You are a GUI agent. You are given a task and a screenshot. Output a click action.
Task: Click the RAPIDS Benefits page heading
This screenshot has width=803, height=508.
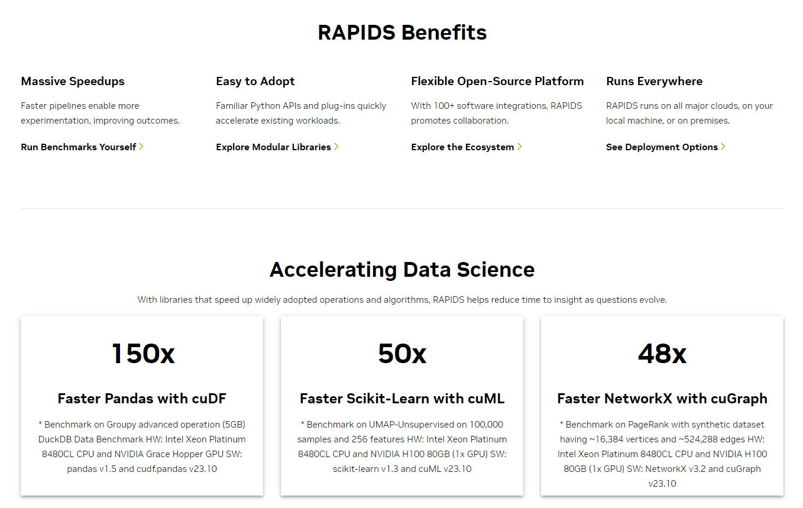[x=402, y=33]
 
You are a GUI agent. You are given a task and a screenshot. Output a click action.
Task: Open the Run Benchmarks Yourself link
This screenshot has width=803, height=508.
[x=82, y=147]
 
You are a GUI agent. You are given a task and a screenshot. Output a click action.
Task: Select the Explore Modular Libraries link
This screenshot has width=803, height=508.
[x=277, y=147]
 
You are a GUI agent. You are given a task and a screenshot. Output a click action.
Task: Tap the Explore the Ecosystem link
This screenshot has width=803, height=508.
[x=467, y=147]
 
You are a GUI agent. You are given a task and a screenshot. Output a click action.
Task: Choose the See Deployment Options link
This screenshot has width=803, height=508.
[x=666, y=147]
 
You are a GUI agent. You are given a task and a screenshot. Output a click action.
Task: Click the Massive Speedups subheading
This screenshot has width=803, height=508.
[x=72, y=82]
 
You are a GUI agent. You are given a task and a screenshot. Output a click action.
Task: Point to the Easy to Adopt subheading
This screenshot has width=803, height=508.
[x=255, y=82]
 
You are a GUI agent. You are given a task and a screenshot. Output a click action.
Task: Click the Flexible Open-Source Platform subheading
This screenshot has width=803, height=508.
[x=497, y=82]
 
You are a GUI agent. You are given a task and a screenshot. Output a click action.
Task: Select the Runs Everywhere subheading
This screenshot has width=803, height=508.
[x=654, y=82]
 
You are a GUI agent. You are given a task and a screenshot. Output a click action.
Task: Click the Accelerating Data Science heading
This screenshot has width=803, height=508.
[x=402, y=270]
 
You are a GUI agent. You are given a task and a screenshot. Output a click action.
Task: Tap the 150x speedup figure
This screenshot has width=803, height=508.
[x=143, y=354]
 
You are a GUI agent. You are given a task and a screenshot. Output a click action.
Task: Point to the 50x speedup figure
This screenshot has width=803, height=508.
[x=402, y=354]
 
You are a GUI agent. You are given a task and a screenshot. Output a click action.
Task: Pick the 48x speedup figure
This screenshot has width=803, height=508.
[x=662, y=354]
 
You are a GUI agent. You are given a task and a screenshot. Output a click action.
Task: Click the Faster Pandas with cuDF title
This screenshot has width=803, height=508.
[x=142, y=399]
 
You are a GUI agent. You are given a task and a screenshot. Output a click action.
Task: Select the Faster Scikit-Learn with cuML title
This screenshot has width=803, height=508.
[x=402, y=399]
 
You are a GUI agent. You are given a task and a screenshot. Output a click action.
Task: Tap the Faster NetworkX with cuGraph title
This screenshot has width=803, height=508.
[x=662, y=399]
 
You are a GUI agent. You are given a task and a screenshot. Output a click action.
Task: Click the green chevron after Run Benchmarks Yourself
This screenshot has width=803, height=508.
[x=141, y=147]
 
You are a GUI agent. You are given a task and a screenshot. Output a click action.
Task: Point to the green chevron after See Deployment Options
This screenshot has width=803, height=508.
[x=723, y=147]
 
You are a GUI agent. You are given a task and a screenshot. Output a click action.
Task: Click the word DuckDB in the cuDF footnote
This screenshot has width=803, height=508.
[x=55, y=439]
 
